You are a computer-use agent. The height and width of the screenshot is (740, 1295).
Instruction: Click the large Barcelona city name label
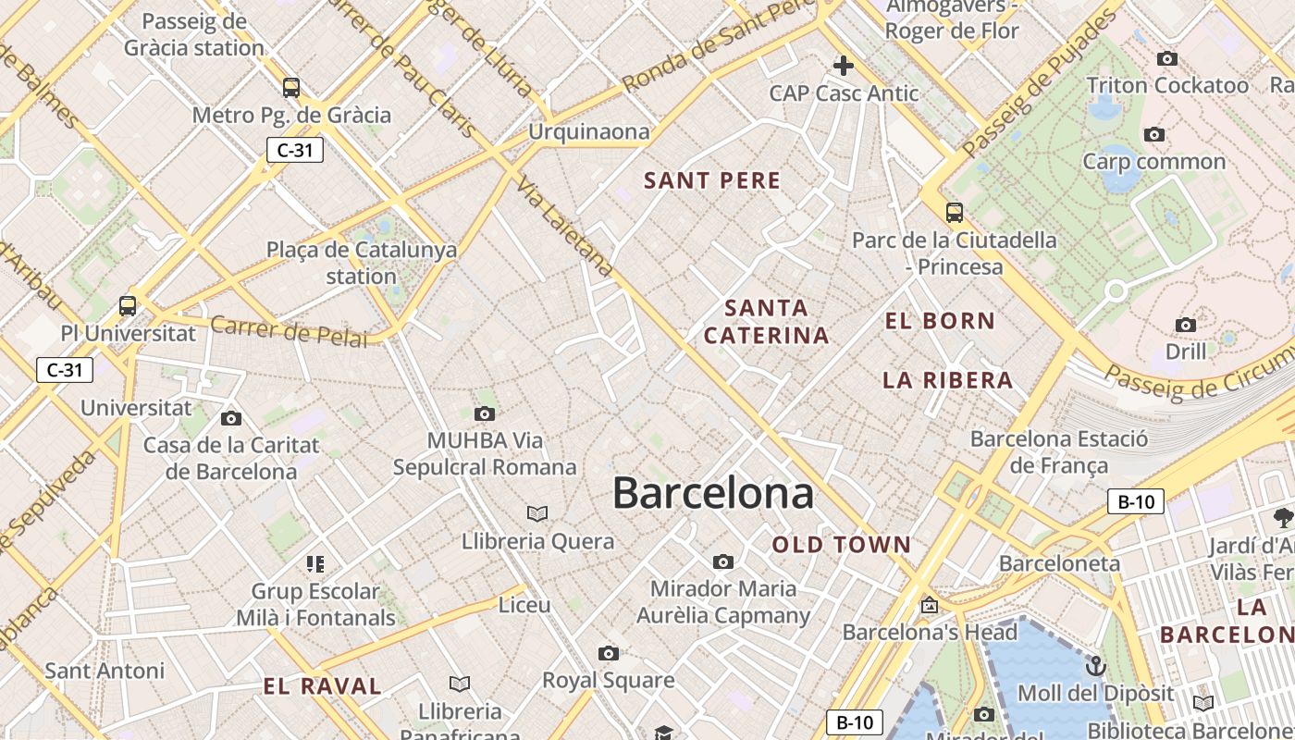point(713,493)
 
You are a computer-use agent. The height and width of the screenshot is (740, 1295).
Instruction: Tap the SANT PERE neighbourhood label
point(712,180)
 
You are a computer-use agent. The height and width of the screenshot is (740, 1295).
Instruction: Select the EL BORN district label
point(940,321)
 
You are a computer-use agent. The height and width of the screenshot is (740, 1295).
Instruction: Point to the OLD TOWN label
point(842,545)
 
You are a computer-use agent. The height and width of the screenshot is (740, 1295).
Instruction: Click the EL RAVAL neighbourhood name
point(322,686)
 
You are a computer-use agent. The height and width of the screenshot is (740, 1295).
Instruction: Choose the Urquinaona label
point(589,132)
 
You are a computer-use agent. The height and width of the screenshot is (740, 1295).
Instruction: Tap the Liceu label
point(524,605)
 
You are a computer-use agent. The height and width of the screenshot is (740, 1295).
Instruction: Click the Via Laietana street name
point(565,226)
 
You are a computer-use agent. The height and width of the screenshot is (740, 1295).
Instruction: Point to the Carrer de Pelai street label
point(289,330)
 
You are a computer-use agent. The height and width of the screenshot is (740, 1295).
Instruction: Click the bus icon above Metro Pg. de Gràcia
point(291,88)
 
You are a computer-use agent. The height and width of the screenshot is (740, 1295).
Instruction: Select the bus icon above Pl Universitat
point(128,305)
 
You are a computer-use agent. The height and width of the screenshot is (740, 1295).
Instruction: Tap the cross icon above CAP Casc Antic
point(844,66)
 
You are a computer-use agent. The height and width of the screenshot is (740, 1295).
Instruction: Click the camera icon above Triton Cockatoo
point(1167,58)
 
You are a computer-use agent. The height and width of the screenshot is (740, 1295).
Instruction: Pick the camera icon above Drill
point(1186,325)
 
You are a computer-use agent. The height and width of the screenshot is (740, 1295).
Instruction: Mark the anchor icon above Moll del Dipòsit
point(1095,666)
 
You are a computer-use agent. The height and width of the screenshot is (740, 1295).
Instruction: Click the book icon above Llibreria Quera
point(537,513)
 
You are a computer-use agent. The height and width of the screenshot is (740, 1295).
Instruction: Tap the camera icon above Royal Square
point(608,653)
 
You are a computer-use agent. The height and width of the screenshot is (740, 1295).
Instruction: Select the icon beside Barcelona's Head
point(930,606)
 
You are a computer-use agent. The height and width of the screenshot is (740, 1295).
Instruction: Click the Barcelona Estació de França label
point(1059,451)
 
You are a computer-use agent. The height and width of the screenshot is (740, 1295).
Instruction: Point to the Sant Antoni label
point(105,671)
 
